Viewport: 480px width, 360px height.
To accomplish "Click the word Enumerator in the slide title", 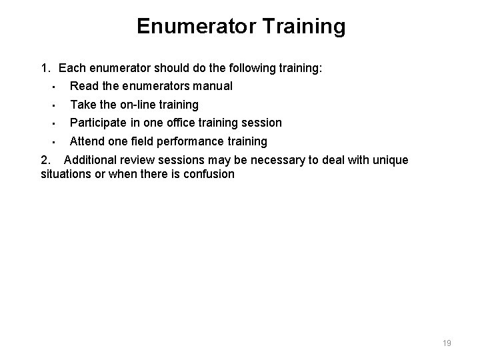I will tap(195, 27).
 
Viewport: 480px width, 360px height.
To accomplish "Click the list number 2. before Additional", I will tap(45, 160).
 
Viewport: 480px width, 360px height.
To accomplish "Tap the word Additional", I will tap(90, 160).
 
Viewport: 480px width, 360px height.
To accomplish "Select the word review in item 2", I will tap(137, 160).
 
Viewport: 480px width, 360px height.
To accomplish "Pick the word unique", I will tap(389, 160).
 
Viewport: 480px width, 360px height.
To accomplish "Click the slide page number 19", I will tap(447, 343).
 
